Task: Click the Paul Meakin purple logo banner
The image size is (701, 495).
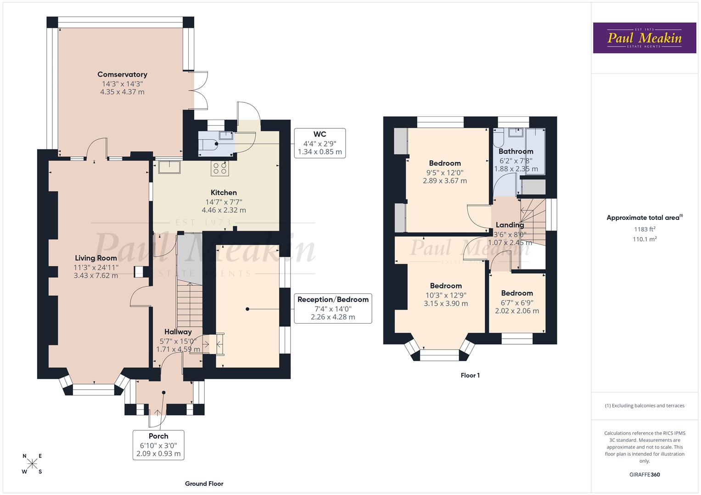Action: (x=644, y=38)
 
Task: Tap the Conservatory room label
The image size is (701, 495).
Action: (x=122, y=74)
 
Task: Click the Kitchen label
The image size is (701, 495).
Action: (x=224, y=192)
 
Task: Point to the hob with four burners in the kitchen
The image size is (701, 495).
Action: (x=219, y=168)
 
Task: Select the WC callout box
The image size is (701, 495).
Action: (x=320, y=143)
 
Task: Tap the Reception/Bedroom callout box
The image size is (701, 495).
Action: (x=333, y=308)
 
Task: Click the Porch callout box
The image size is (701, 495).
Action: (x=158, y=445)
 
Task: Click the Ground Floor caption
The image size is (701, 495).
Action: (x=204, y=484)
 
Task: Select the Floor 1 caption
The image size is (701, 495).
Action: (x=470, y=375)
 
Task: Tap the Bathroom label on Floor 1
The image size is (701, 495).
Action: (x=516, y=151)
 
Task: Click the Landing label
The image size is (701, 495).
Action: (x=510, y=225)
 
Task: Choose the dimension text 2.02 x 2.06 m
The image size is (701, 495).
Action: (x=517, y=311)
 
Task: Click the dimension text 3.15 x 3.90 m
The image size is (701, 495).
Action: (x=446, y=303)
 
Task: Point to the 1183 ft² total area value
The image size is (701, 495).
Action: (x=645, y=229)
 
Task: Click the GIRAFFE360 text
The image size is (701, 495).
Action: (x=645, y=475)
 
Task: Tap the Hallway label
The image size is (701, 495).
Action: (x=178, y=332)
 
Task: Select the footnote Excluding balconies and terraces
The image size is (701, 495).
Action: (x=645, y=406)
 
